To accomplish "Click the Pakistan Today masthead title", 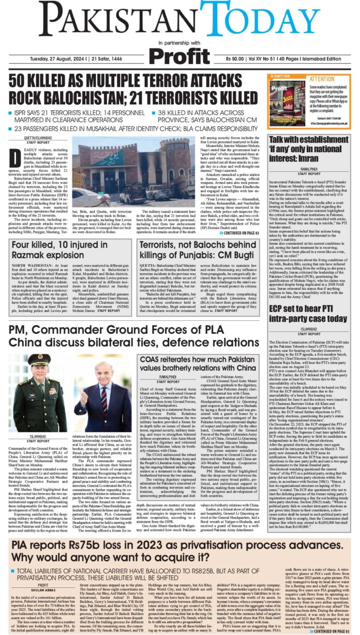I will (x=179, y=20).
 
